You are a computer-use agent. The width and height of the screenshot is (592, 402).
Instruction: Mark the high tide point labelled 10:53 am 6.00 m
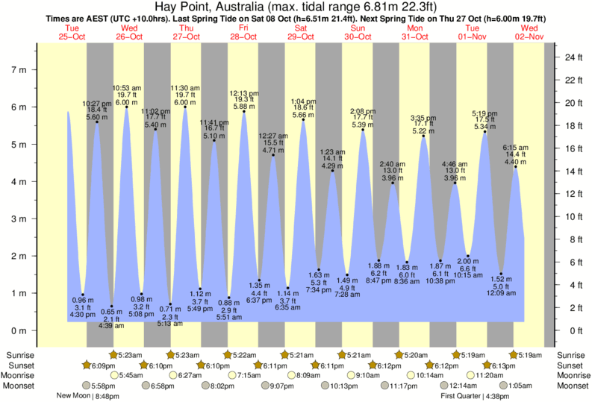pyautogui.click(x=126, y=107)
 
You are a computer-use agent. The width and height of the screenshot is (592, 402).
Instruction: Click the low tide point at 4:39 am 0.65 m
pyautogui.click(x=112, y=307)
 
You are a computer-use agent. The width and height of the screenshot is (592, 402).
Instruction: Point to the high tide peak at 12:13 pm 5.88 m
pyautogui.click(x=243, y=112)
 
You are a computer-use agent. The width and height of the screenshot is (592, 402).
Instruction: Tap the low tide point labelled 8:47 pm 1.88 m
pyautogui.click(x=379, y=260)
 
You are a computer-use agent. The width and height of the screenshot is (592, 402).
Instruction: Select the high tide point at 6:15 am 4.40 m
pyautogui.click(x=515, y=167)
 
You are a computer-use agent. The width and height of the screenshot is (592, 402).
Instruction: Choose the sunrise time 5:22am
pyautogui.click(x=240, y=355)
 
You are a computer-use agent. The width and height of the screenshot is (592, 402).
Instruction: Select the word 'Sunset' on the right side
pyautogui.click(x=571, y=365)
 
